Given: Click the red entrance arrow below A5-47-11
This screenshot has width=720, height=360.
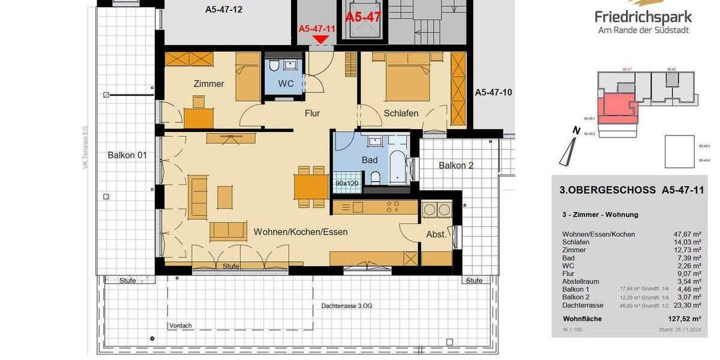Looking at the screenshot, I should (321, 39).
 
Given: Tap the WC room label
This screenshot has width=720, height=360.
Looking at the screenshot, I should (286, 83).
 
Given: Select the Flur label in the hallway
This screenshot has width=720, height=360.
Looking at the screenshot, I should (312, 113).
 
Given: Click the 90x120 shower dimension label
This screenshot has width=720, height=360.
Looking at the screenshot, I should (346, 183).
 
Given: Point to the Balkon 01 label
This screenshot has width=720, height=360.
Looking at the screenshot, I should (127, 155).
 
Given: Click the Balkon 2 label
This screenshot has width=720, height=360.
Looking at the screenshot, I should (456, 165).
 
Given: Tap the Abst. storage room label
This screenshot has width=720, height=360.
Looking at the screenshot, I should (436, 235).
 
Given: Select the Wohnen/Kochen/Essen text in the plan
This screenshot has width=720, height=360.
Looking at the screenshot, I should (301, 232).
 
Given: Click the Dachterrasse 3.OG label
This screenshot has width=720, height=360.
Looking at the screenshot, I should (346, 305).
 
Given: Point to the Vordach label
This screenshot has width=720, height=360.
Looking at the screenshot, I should (180, 326).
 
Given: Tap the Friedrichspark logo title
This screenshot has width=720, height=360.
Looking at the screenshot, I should (643, 17).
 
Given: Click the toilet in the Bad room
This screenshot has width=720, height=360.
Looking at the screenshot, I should (375, 178).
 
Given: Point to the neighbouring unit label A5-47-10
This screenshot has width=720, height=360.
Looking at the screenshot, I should (493, 92).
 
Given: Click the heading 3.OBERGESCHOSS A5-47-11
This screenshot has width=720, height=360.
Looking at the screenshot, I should (631, 190).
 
